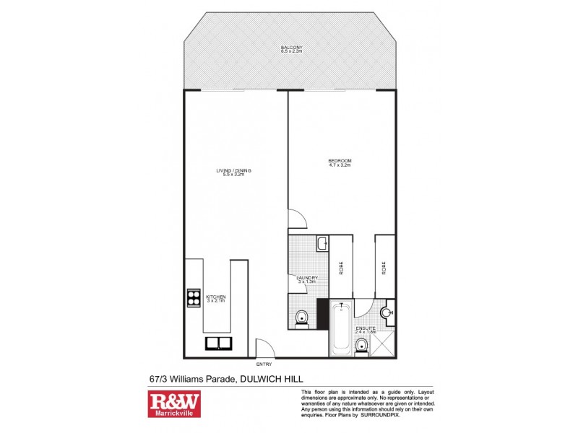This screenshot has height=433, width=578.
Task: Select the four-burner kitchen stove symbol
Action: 194,297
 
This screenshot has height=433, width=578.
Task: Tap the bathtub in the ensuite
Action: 340,330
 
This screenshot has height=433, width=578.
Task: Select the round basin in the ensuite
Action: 388,312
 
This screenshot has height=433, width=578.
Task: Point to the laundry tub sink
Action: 321,244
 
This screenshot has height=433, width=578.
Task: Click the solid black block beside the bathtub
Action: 322,313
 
